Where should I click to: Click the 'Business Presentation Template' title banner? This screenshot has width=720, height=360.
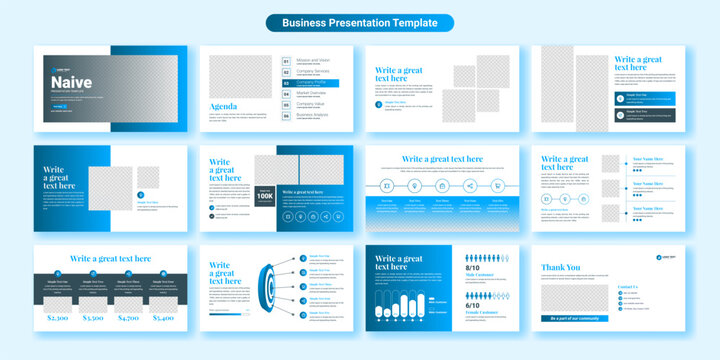click(x=359, y=22)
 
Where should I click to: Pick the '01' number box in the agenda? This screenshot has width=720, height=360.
click(x=287, y=60)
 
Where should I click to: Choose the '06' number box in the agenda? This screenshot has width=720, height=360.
click(x=287, y=115)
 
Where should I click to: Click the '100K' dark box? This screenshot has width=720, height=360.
click(x=265, y=195)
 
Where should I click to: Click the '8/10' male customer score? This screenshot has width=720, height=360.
click(x=473, y=268)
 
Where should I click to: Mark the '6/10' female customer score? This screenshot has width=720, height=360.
click(x=473, y=307)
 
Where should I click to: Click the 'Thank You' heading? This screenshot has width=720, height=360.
click(x=560, y=267)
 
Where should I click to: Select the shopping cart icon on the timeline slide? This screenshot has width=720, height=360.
click(x=497, y=185)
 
